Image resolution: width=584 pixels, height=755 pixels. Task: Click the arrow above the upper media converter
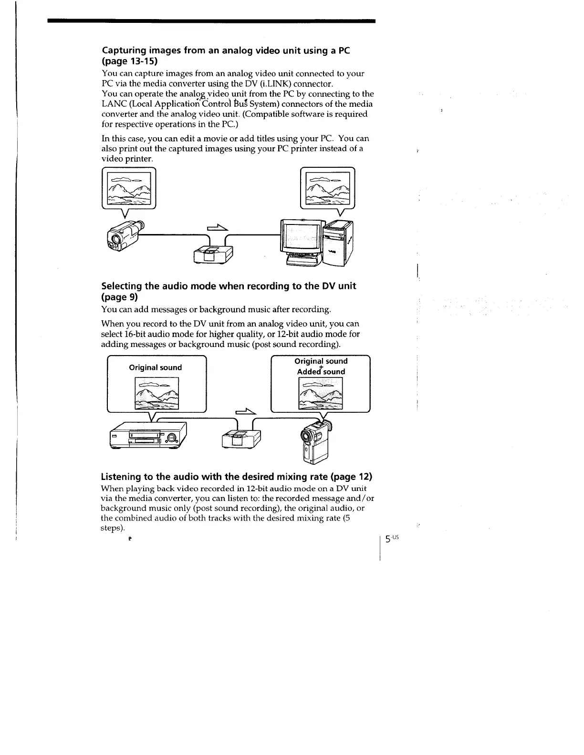tap(216, 228)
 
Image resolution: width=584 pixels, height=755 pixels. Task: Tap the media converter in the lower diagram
tap(241, 438)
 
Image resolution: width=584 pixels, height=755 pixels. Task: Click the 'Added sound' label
tap(321, 372)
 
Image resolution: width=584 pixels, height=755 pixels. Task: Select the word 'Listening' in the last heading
tap(121, 477)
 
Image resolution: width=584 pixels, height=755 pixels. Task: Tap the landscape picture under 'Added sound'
tap(320, 393)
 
